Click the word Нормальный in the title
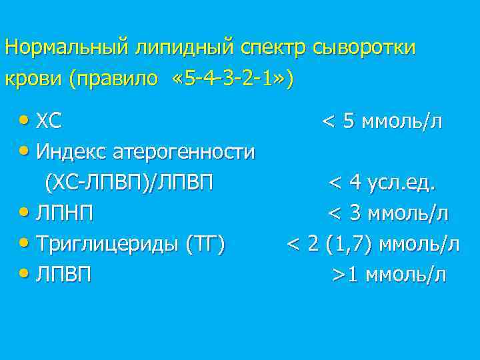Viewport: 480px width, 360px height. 68,48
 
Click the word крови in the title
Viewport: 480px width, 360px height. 33,79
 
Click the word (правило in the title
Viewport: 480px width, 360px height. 114,79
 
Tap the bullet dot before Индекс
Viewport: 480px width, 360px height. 25,152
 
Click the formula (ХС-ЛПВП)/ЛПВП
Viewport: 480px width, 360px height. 129,183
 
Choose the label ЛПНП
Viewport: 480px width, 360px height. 65,213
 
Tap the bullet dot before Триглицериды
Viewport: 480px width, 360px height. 25,243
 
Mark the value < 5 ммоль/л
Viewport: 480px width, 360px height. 382,122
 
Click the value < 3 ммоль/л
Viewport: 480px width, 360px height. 387,213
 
